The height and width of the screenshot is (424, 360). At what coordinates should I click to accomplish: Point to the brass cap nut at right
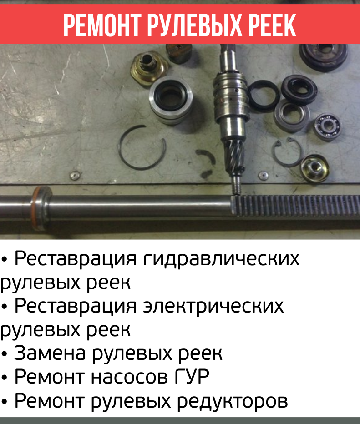click(x=314, y=169)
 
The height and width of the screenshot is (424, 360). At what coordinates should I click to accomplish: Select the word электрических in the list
click(x=213, y=307)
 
